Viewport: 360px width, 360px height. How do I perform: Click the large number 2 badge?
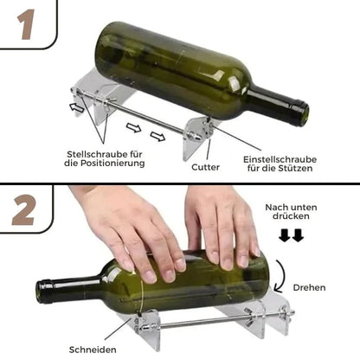tap(25, 210)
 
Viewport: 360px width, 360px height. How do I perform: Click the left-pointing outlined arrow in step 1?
tap(78, 109)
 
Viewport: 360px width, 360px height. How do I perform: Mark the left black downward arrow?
tap(285, 235)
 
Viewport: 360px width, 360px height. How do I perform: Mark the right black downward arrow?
tap(299, 235)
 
